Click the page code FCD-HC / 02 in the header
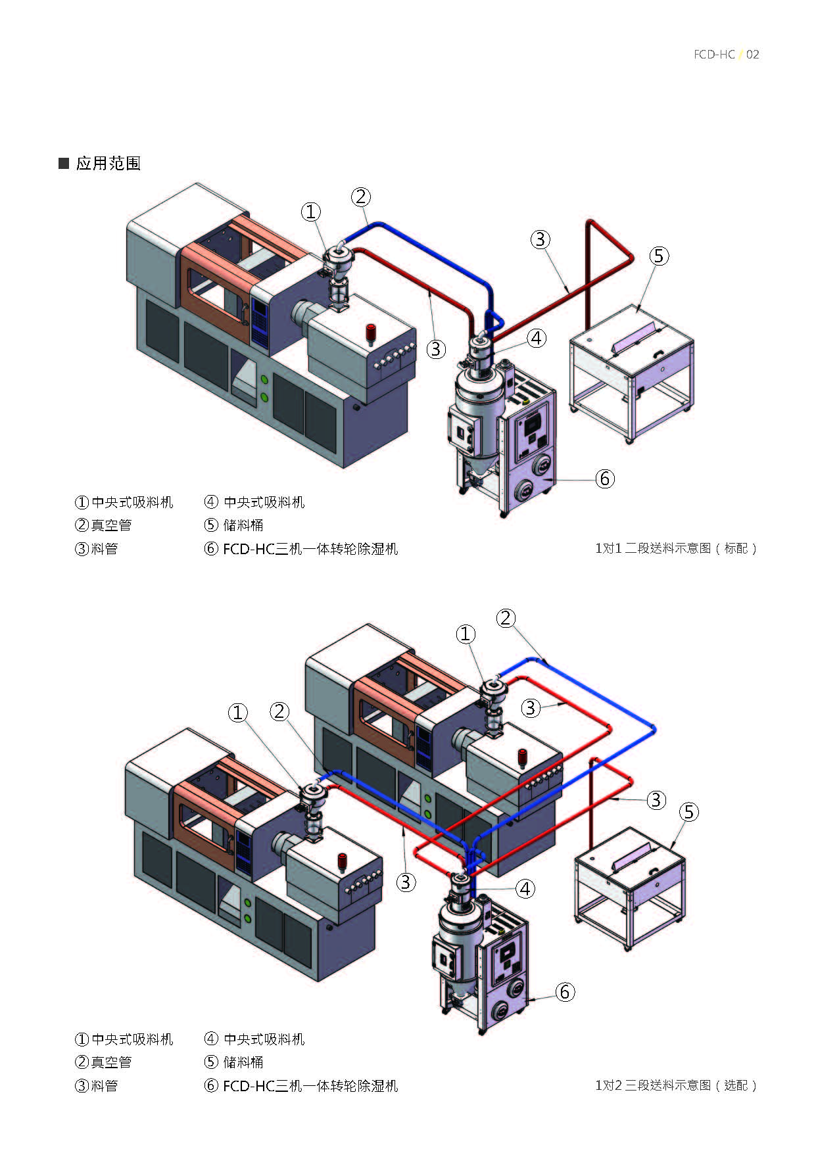pyautogui.click(x=726, y=55)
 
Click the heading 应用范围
pyautogui.click(x=108, y=163)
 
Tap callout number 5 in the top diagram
pyautogui.click(x=659, y=256)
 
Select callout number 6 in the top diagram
pyautogui.click(x=604, y=479)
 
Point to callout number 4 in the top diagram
pyautogui.click(x=537, y=338)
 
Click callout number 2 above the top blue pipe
pyautogui.click(x=360, y=197)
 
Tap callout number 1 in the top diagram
pyautogui.click(x=310, y=212)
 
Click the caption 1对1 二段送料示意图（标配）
pyautogui.click(x=676, y=548)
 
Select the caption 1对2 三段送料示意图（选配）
pyautogui.click(x=676, y=1085)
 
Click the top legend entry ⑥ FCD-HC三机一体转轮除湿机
pyautogui.click(x=301, y=549)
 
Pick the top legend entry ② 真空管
pyautogui.click(x=103, y=525)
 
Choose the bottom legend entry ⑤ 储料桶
pyautogui.click(x=234, y=1062)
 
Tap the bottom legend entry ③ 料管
pyautogui.click(x=96, y=1086)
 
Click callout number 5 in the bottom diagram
pyautogui.click(x=688, y=812)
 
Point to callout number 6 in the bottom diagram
pyautogui.click(x=565, y=991)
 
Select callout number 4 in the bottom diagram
pyautogui.click(x=525, y=889)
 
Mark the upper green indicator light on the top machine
pyautogui.click(x=264, y=380)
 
